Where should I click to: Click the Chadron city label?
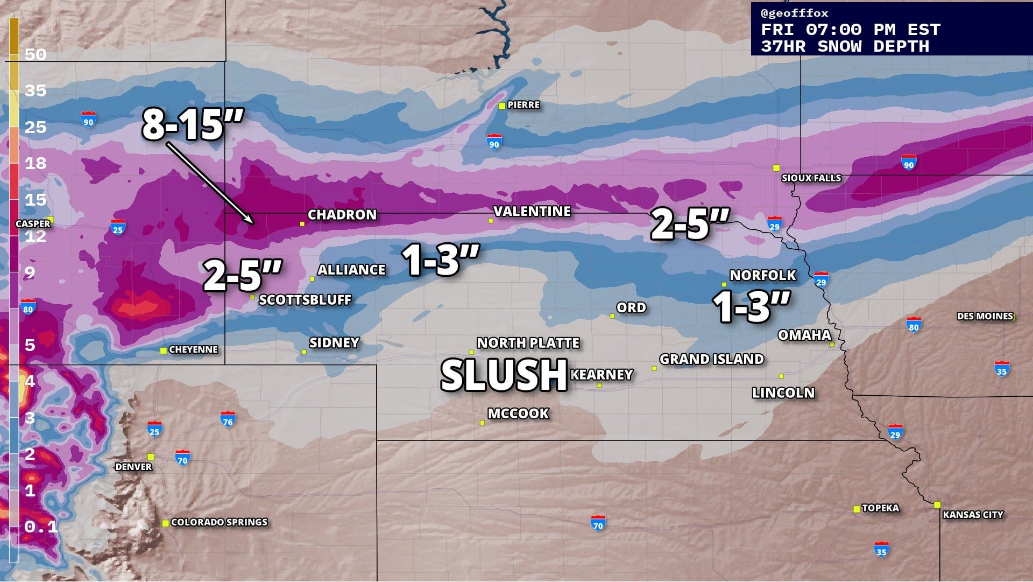(342, 215)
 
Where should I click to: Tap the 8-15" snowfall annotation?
(193, 124)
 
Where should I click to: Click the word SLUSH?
(504, 375)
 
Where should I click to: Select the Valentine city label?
(532, 211)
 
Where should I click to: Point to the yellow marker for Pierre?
(501, 106)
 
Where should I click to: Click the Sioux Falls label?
(811, 178)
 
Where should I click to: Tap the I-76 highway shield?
(228, 420)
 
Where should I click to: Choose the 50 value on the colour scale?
(36, 54)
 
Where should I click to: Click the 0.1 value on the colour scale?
(40, 526)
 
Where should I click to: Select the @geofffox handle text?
(794, 13)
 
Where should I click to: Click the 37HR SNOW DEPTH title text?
(845, 46)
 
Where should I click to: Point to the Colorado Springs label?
(219, 522)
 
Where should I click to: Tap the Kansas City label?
(973, 515)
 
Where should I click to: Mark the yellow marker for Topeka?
(856, 509)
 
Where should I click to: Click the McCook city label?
(518, 413)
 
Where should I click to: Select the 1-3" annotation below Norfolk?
(751, 306)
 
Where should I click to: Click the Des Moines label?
(985, 316)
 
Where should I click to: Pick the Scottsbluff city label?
(305, 300)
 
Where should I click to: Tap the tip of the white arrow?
(252, 222)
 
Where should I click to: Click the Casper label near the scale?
(32, 223)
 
